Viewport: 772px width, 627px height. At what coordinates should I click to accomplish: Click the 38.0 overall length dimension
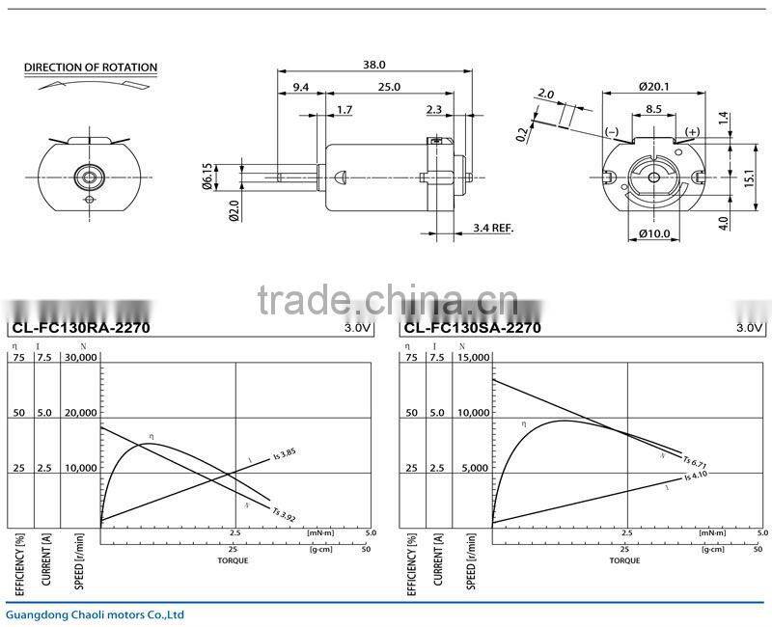coord(374,65)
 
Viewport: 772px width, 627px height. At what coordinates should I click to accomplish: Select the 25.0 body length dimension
coord(389,87)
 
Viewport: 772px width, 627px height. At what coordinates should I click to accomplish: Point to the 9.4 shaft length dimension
coord(300,87)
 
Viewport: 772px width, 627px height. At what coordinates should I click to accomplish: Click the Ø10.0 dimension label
coord(653,233)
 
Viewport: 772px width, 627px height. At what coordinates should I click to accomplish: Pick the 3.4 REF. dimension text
coord(493,228)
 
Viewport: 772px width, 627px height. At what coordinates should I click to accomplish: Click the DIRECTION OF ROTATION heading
coord(91,68)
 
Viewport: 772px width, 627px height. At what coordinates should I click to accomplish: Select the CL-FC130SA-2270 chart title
coord(471,328)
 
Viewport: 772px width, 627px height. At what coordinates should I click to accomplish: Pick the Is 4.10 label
coord(697,476)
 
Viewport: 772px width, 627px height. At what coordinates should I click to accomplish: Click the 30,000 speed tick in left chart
coord(81,357)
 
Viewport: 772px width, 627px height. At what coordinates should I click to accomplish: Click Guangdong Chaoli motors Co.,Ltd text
coord(94,614)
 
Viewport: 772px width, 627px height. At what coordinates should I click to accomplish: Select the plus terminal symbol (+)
coord(692,130)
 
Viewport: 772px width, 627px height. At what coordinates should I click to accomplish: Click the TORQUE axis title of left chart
coord(232,560)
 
